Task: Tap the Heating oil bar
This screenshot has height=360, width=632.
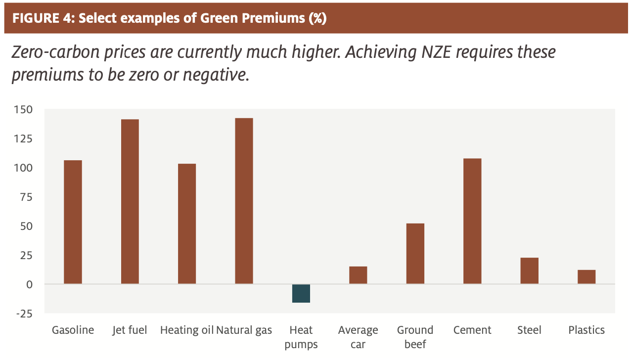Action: (187, 224)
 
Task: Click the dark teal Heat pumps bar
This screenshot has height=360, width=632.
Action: (301, 293)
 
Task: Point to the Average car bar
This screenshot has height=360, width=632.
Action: (358, 275)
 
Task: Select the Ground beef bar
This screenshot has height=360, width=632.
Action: (415, 254)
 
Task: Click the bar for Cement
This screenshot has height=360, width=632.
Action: (472, 221)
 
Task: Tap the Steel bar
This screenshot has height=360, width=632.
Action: (529, 270)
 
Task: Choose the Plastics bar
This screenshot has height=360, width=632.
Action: (587, 277)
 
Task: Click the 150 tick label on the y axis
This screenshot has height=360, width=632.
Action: (24, 109)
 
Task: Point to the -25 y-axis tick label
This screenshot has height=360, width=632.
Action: (24, 314)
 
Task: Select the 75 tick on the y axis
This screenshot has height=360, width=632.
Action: (26, 197)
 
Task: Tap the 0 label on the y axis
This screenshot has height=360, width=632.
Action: (29, 284)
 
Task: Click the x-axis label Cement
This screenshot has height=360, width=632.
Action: (472, 330)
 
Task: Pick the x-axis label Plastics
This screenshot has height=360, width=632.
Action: (587, 330)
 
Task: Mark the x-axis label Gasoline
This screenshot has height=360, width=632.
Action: (73, 330)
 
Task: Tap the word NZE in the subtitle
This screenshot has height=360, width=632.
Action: (436, 52)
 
